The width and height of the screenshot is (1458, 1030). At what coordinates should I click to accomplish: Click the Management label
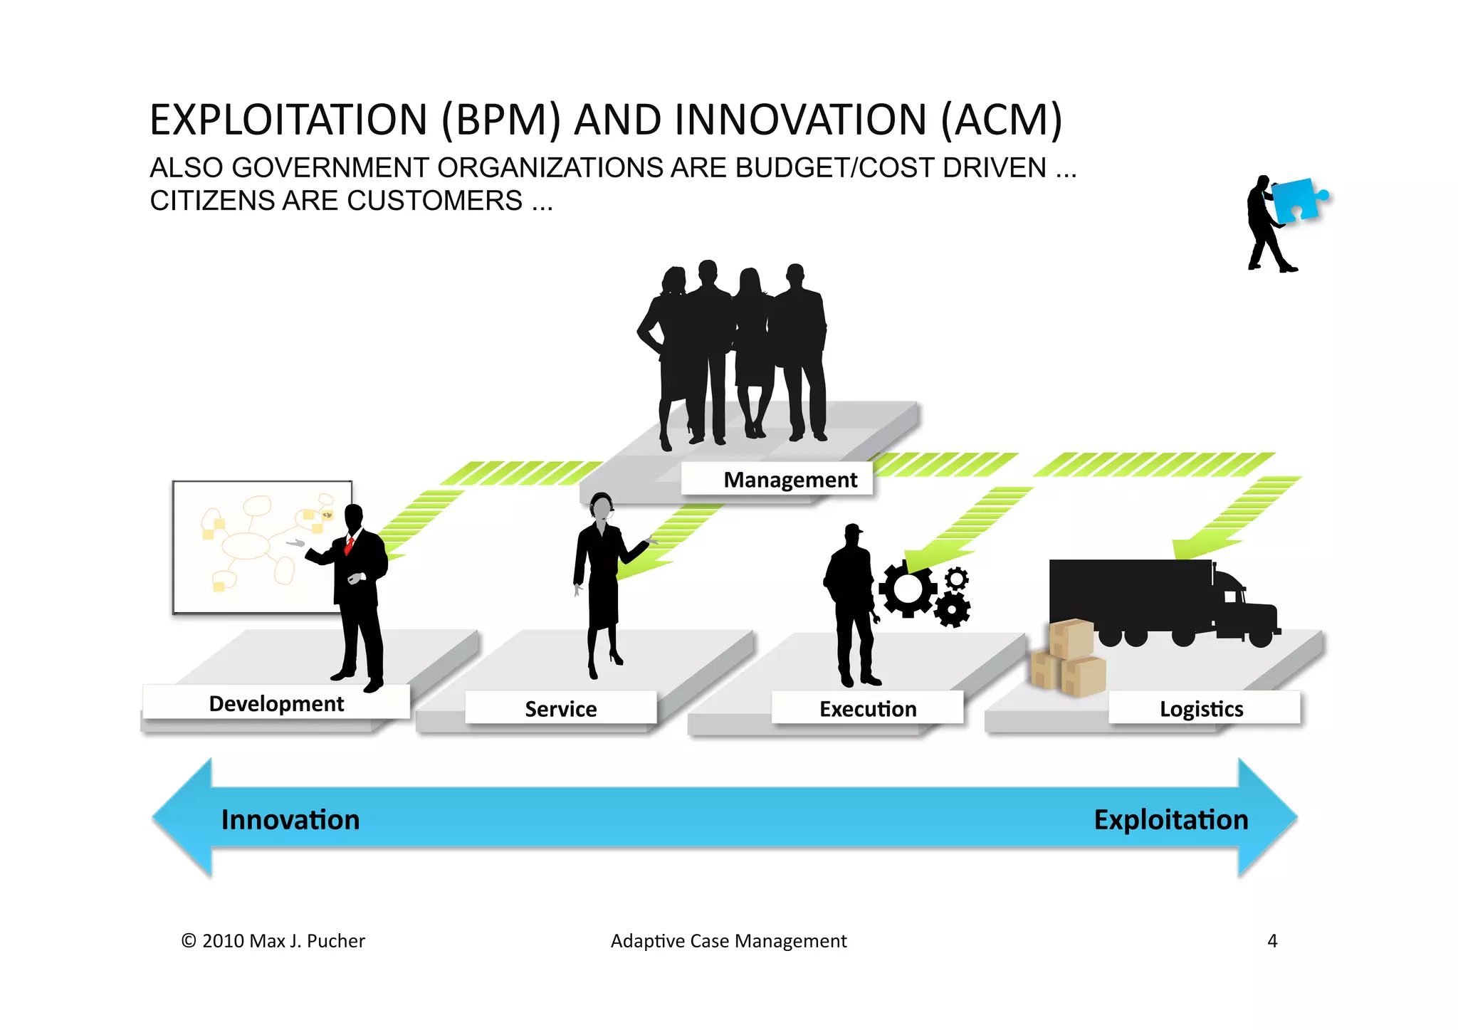point(790,480)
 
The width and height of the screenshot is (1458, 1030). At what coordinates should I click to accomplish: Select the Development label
point(276,703)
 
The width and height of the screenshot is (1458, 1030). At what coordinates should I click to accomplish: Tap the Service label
point(561,709)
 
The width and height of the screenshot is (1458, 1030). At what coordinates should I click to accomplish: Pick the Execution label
point(868,709)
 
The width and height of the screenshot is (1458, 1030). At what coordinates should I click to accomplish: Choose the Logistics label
point(1202,709)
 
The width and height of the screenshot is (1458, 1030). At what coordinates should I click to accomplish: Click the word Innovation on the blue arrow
point(290,819)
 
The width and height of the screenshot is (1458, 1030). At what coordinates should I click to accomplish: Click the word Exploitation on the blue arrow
point(1171,819)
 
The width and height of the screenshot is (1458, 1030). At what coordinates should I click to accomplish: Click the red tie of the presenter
point(350,546)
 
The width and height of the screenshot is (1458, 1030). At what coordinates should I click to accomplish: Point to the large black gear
point(908,589)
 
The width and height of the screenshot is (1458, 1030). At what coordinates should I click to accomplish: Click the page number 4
point(1272,940)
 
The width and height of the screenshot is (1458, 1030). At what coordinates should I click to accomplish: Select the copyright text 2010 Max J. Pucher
point(273,940)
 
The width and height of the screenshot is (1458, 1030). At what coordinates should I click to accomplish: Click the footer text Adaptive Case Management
point(728,940)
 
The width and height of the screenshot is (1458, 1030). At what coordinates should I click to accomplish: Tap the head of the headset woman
point(602,507)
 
